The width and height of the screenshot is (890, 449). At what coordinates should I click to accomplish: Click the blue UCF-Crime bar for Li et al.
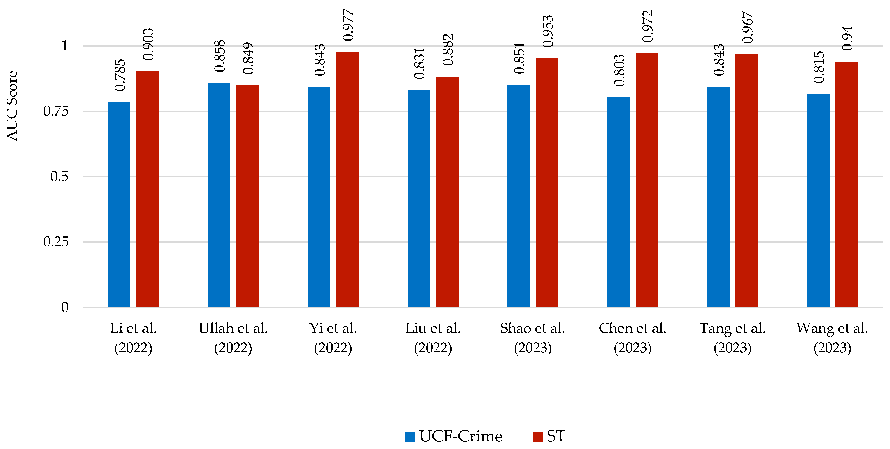119,205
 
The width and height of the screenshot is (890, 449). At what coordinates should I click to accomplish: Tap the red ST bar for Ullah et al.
247,196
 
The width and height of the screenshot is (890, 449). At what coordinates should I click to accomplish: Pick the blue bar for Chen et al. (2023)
618,202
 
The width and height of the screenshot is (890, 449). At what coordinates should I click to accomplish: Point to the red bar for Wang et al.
846,184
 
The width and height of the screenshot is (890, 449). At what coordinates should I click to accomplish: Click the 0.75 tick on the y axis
56,111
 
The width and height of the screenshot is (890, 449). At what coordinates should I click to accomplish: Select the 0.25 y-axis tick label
56,242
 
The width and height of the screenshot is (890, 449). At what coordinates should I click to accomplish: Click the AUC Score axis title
12,106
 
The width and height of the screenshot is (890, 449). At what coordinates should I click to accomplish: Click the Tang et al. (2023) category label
732,338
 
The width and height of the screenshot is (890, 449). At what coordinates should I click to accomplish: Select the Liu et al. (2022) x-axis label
433,338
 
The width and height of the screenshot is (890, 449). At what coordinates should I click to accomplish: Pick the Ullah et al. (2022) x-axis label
233,338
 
